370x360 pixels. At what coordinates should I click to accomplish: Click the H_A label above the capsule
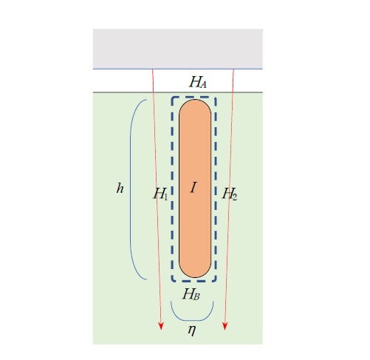pyautogui.click(x=198, y=82)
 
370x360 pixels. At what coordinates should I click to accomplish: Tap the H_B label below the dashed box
pyautogui.click(x=191, y=293)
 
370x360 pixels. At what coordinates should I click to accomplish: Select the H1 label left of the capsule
pyautogui.click(x=161, y=194)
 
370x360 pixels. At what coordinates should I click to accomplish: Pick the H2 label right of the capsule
pyautogui.click(x=230, y=194)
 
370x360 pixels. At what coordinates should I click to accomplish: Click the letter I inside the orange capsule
pyautogui.click(x=193, y=188)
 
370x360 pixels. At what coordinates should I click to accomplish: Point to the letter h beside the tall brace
pyautogui.click(x=120, y=189)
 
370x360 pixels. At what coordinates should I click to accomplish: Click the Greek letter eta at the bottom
pyautogui.click(x=192, y=330)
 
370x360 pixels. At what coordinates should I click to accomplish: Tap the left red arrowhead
pyautogui.click(x=161, y=326)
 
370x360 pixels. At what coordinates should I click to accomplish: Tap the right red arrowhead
pyautogui.click(x=225, y=326)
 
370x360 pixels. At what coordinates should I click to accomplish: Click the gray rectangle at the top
pyautogui.click(x=178, y=49)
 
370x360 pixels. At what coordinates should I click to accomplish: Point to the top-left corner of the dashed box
pyautogui.click(x=172, y=98)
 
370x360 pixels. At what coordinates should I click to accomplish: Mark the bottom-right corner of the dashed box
pyautogui.click(x=216, y=281)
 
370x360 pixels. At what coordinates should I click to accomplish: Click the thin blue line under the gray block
pyautogui.click(x=178, y=69)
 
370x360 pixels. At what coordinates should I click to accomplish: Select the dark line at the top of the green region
pyautogui.click(x=178, y=92)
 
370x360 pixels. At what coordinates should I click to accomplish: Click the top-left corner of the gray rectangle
pyautogui.click(x=93, y=29)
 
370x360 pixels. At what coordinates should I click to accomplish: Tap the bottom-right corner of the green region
pyautogui.click(x=263, y=344)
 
